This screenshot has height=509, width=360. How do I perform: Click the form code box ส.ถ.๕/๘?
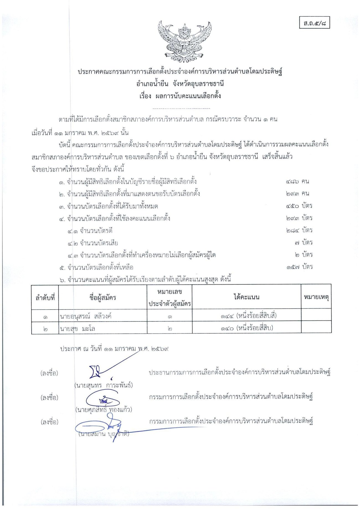[315, 23]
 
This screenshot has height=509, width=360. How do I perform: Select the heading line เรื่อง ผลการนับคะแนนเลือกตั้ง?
[180, 96]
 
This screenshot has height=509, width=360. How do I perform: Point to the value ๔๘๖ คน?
[297, 182]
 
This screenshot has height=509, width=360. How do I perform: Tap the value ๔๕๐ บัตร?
[299, 206]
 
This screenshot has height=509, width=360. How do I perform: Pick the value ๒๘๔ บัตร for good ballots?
[299, 230]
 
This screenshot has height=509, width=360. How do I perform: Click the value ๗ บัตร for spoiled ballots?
[304, 243]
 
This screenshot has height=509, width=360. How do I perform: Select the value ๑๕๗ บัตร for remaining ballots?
[299, 267]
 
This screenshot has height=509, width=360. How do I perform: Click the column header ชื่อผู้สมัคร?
[103, 298]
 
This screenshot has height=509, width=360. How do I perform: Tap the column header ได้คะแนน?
[246, 297]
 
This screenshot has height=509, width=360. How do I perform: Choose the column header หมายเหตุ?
[316, 297]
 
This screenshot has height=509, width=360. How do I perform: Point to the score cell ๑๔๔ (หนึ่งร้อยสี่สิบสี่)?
[248, 316]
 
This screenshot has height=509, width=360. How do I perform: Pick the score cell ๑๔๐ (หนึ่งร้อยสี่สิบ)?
[247, 328]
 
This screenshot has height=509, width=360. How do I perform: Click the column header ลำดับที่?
[45, 298]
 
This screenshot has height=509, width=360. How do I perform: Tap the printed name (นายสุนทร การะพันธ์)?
[104, 385]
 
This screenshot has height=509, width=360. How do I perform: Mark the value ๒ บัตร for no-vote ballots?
[304, 255]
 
